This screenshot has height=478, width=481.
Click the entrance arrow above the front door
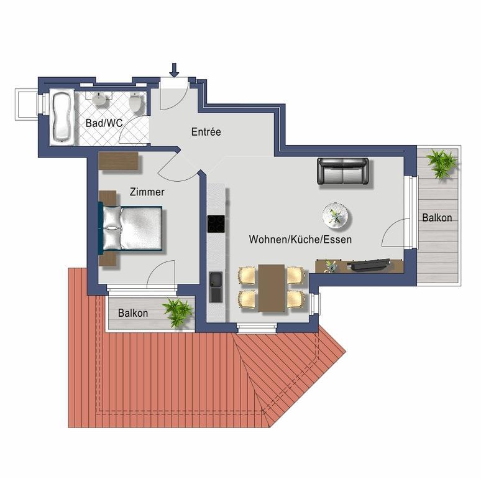(174, 70)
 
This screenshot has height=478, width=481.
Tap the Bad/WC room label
(104, 123)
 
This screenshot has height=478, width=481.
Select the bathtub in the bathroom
(63, 117)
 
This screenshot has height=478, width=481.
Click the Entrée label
(206, 132)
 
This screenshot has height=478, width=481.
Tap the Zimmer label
(147, 192)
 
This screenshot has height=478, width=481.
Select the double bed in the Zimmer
(131, 228)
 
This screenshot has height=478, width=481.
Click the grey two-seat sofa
(342, 171)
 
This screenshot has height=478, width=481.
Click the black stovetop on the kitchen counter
(216, 223)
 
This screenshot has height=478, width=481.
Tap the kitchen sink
(216, 287)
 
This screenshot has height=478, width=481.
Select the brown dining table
(272, 288)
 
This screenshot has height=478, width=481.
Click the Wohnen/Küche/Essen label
(300, 239)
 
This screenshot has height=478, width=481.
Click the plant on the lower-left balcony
(177, 312)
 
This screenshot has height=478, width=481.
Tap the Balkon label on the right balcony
(437, 218)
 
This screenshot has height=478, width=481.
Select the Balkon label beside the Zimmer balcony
(133, 313)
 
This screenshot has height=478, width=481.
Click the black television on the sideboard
(369, 265)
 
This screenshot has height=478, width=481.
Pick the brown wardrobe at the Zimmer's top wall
(119, 161)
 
